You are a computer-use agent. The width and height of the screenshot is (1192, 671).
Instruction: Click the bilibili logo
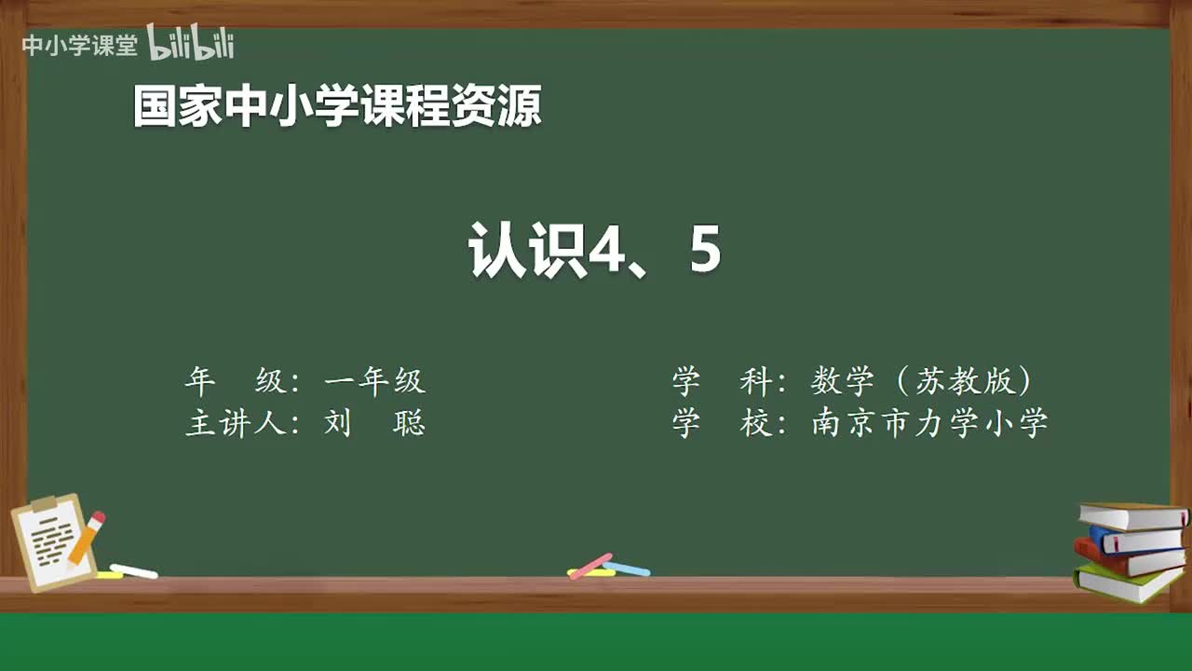click(x=191, y=43)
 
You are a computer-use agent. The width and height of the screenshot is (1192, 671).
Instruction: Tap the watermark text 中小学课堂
click(x=79, y=45)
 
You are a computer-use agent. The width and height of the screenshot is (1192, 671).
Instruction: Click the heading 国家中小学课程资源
click(x=337, y=106)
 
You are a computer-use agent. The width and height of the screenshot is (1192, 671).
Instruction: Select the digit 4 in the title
click(x=606, y=250)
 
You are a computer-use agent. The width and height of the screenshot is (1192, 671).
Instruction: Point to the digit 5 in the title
click(x=705, y=250)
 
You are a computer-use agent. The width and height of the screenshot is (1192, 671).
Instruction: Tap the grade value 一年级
click(x=374, y=380)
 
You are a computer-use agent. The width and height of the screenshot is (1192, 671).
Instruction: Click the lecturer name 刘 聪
click(x=374, y=423)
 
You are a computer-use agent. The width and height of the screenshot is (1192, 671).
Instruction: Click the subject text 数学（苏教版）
click(x=922, y=380)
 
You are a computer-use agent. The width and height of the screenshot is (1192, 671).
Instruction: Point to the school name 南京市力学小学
click(x=929, y=423)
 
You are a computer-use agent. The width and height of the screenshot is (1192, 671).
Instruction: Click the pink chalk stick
click(x=589, y=565)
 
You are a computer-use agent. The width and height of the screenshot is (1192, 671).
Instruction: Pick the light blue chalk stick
click(x=626, y=568)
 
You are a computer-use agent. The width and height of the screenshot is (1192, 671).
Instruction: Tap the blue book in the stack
click(x=1136, y=540)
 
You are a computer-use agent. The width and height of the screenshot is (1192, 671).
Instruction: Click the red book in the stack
click(x=1127, y=558)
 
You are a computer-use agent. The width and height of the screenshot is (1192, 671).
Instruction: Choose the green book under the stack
click(x=1127, y=582)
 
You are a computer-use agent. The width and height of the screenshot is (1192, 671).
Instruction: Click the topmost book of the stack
click(x=1131, y=515)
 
